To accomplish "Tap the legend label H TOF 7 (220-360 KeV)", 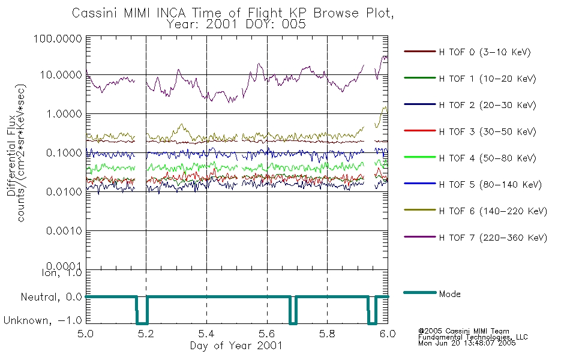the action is tap(493, 238).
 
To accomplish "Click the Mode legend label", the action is tap(449, 294).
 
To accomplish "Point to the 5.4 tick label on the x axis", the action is tap(206, 334).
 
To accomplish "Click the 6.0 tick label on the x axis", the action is tap(388, 334).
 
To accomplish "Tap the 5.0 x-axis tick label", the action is tap(86, 334).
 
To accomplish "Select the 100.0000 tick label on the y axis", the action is tap(58, 38).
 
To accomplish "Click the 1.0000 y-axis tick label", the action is tap(64, 114).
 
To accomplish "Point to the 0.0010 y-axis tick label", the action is tap(64, 231).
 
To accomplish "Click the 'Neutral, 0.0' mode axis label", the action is tap(51, 298).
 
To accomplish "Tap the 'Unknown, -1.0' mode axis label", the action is tap(43, 321).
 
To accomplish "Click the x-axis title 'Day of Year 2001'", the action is tap(236, 346).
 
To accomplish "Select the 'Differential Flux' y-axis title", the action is tap(11, 155).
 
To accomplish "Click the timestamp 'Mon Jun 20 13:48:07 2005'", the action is tap(467, 343).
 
